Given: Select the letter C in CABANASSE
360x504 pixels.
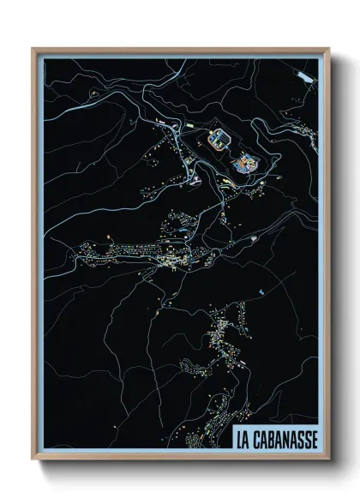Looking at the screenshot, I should coord(258,438).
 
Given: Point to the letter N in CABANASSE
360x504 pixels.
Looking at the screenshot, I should coord(289,438).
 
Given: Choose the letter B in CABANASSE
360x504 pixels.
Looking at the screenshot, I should coord(273,438).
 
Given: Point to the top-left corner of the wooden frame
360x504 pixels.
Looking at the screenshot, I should coord(33,49).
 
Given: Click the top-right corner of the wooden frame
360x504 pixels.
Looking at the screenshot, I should coord(328,49).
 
